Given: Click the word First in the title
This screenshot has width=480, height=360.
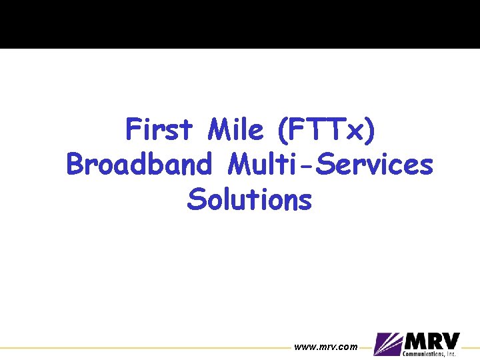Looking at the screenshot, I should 159,129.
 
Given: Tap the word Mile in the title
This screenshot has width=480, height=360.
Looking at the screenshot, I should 236,129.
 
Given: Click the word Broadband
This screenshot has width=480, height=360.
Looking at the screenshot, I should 141,164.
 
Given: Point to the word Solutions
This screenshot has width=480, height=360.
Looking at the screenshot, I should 249,199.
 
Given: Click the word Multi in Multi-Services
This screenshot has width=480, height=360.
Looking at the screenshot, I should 255,164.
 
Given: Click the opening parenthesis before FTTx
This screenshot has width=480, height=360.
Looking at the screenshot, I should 281,130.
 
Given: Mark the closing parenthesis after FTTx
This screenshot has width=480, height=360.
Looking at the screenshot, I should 370,130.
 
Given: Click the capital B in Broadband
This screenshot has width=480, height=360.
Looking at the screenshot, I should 76,164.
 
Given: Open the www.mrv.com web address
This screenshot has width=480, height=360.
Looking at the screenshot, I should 325,347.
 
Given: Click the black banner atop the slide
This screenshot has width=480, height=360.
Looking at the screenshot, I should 240,24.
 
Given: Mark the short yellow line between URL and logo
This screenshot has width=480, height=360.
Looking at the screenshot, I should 365,347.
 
